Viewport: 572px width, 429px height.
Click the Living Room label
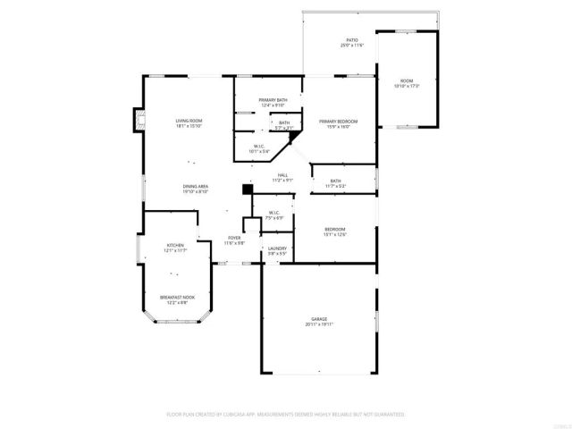pos(189,120)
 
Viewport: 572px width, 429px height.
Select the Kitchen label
pos(174,246)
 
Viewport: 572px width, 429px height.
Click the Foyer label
pos(234,238)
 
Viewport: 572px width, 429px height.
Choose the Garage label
pos(319,319)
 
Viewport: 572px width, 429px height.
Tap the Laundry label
pos(277,249)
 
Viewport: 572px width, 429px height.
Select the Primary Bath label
pos(273,99)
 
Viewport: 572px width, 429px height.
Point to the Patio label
pos(351,40)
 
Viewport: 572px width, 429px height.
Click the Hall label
pos(282,175)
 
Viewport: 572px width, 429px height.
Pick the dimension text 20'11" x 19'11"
pos(319,324)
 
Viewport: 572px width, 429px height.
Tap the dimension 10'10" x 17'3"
pos(407,87)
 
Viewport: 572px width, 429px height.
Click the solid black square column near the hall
pos(248,189)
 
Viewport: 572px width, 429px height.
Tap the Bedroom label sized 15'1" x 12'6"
pos(335,229)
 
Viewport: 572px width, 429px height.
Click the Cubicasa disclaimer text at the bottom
pos(286,414)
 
